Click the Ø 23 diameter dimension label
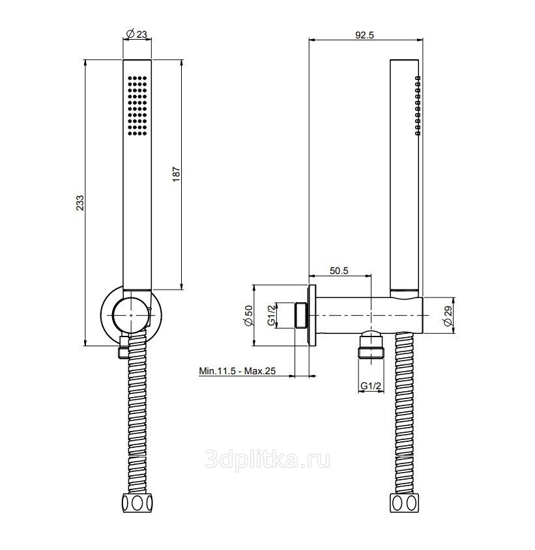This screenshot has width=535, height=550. pyautogui.click(x=136, y=34)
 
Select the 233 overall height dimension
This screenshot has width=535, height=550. pyautogui.click(x=80, y=202)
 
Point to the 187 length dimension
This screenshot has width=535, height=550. pyautogui.click(x=177, y=174)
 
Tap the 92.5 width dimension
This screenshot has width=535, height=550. pyautogui.click(x=364, y=34)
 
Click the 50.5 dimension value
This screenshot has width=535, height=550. pyautogui.click(x=339, y=271)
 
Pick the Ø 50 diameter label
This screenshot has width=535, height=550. pyautogui.click(x=248, y=316)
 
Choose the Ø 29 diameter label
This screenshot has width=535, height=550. pyautogui.click(x=448, y=316)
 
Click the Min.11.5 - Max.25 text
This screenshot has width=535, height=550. pyautogui.click(x=237, y=371)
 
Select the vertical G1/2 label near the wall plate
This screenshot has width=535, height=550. pyautogui.click(x=271, y=315)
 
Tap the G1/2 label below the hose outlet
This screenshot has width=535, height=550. pyautogui.click(x=371, y=386)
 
